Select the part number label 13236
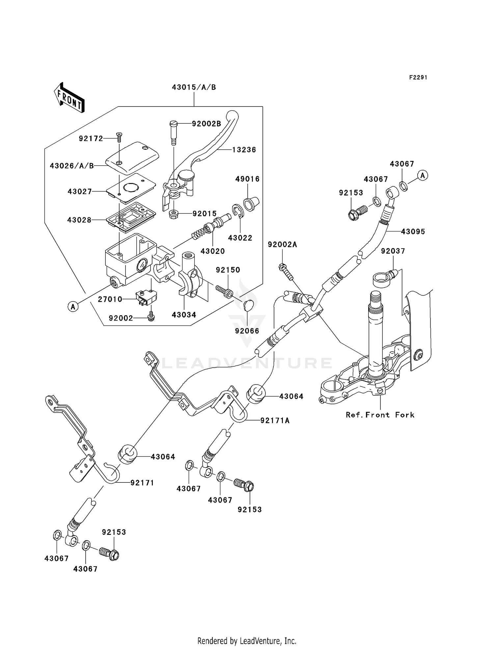coord(244,150)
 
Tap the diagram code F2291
coord(418,77)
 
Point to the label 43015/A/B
coord(194,87)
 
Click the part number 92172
coord(91,139)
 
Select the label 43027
coord(80,192)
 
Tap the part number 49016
coord(247,179)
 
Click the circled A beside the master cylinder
coord(73,307)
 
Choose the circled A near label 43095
coord(423,175)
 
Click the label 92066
coord(247,331)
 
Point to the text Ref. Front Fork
coord(380,415)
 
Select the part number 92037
coord(393,251)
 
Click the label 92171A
coord(275,420)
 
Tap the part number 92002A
coord(282,244)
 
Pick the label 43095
coord(413,231)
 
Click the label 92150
coord(228,270)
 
